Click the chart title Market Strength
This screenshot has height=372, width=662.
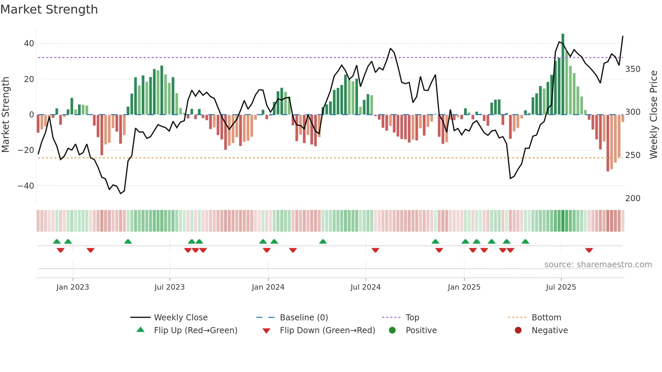pos(49,9)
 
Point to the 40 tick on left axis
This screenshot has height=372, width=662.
pos(29,44)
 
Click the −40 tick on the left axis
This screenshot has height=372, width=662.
pos(26,186)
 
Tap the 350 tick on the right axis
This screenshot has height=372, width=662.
pos(633,69)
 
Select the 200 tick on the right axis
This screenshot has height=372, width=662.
pos(633,198)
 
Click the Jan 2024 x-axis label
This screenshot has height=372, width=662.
pos(268,287)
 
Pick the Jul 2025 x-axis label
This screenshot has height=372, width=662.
pos(561,287)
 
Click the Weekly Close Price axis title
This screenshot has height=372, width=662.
pos(654,115)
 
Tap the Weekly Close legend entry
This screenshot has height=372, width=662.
pos(180,318)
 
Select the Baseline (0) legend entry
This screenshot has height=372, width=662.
pos(304,318)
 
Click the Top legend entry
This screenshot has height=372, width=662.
pos(412,318)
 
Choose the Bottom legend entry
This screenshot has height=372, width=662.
pos(546,318)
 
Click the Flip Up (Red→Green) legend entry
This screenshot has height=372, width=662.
pos(195,330)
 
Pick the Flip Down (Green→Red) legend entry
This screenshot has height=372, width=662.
pos(327,330)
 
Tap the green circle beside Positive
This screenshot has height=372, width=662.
pos(392,330)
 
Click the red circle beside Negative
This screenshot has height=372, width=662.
pos(518,330)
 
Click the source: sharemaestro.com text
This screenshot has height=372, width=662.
pos(598,265)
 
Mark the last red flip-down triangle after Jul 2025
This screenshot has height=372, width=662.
pos(589,250)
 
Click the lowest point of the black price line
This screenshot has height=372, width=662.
pos(121,193)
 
